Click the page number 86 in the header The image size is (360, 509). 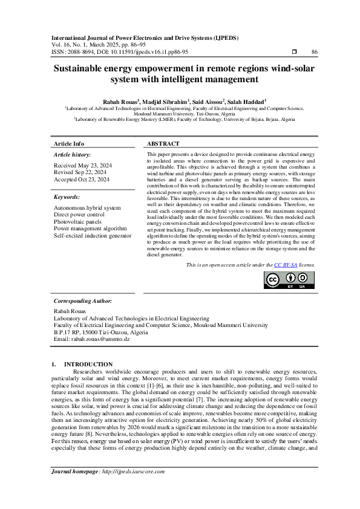coord(314,53)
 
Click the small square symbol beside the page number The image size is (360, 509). coord(294,53)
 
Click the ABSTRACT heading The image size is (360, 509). coord(163,144)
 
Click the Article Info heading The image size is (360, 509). coord(70,144)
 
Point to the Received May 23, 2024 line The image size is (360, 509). coord(82,165)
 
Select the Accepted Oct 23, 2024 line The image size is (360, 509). coord(82,180)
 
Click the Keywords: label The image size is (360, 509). coord(67,197)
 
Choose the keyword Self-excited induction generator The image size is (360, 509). coord(93,235)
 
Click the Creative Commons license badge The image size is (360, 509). coord(289,280)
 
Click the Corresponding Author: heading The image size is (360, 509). coord(82,300)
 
